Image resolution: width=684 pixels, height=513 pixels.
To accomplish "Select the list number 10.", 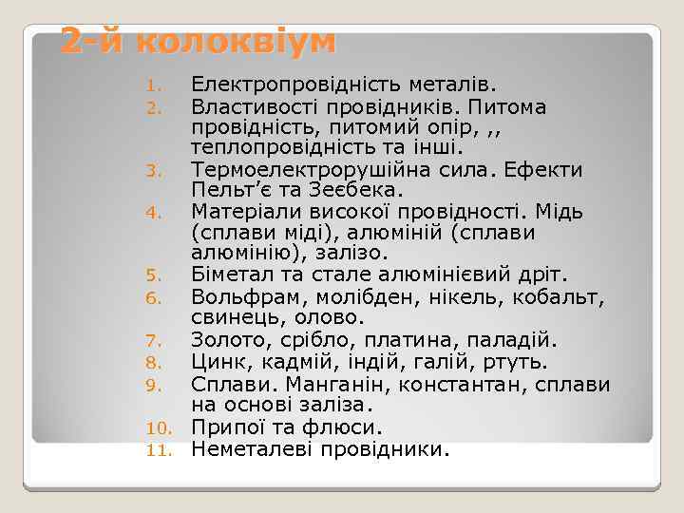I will (x=157, y=429).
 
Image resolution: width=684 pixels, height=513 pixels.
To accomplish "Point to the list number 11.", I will (x=157, y=450).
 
